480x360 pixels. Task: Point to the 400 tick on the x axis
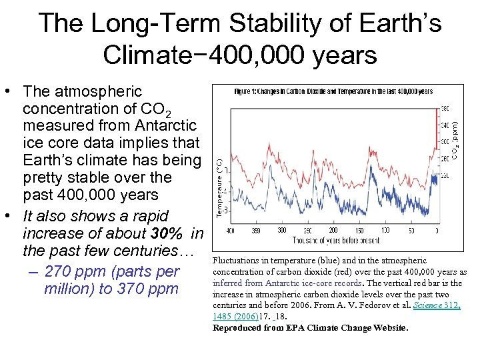tap(229, 231)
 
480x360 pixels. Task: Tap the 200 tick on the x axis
tap(333, 231)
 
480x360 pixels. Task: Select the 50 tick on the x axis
tap(411, 231)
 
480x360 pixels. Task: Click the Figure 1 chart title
tap(333, 91)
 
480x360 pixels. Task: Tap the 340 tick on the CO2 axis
tap(445, 125)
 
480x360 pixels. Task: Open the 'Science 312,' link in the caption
tap(437, 305)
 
